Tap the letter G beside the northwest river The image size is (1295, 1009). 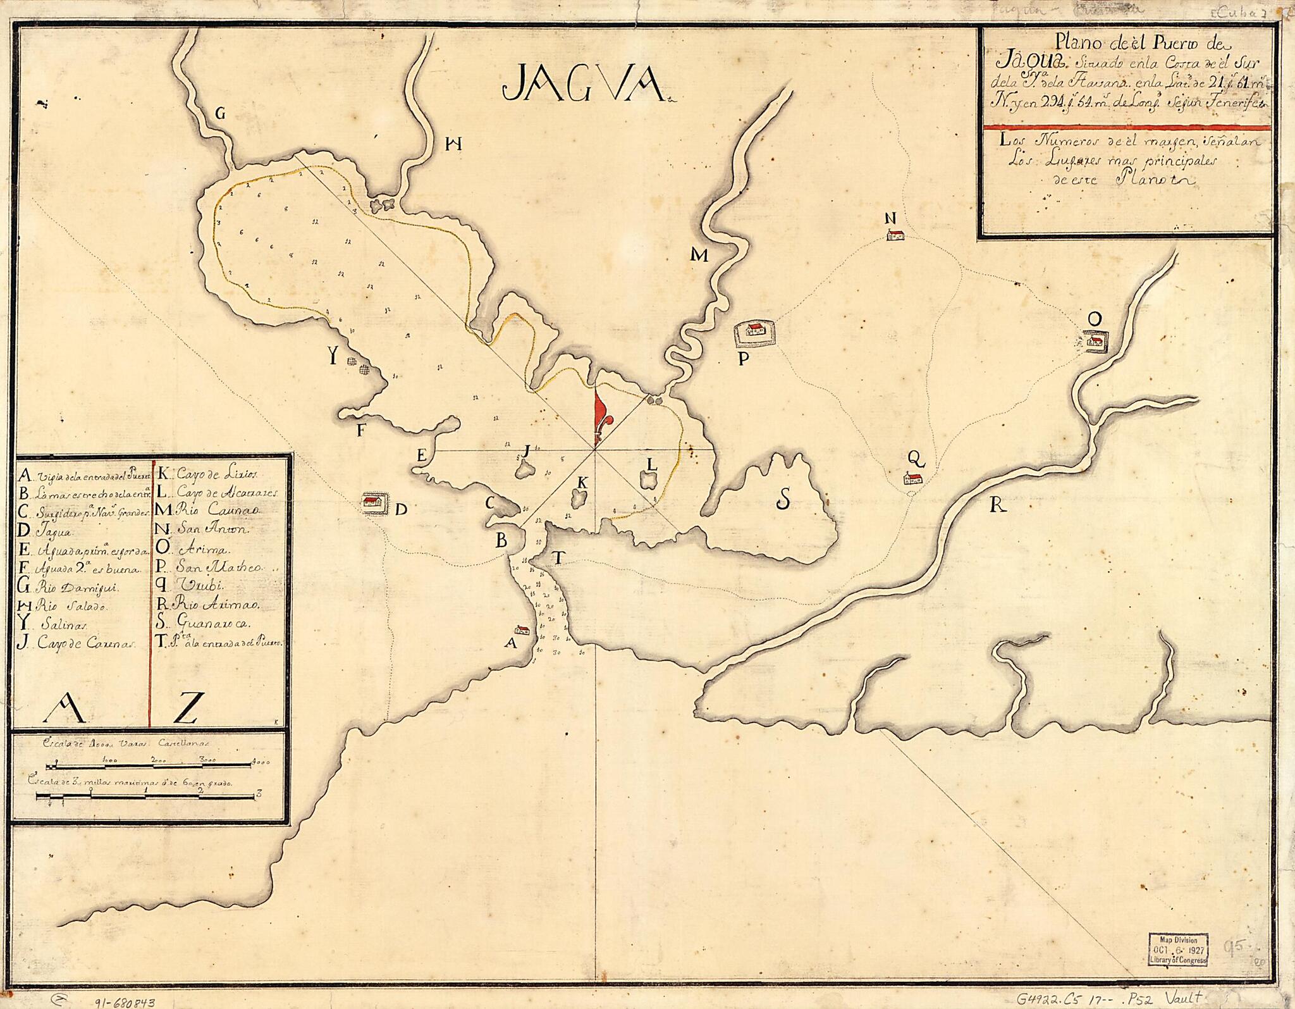pos(220,114)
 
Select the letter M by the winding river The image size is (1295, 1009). pos(699,256)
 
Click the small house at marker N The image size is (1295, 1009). pos(894,235)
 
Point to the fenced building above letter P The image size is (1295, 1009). pos(755,330)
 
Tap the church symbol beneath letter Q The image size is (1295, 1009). pos(914,479)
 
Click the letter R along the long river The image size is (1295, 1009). pos(997,504)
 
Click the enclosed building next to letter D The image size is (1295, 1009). pos(372,503)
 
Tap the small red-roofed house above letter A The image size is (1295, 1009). pos(522,629)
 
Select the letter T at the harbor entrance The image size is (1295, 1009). pos(558,557)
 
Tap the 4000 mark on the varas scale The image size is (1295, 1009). pos(258,761)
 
